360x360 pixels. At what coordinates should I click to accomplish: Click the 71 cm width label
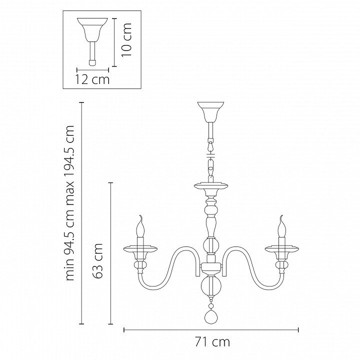click(x=212, y=342)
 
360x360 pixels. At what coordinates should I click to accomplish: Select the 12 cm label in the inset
click(x=92, y=79)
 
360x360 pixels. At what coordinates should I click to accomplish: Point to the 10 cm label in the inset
click(x=126, y=39)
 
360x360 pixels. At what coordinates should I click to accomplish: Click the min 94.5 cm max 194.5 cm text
click(x=70, y=203)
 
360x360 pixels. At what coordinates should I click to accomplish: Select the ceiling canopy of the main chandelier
click(x=211, y=112)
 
